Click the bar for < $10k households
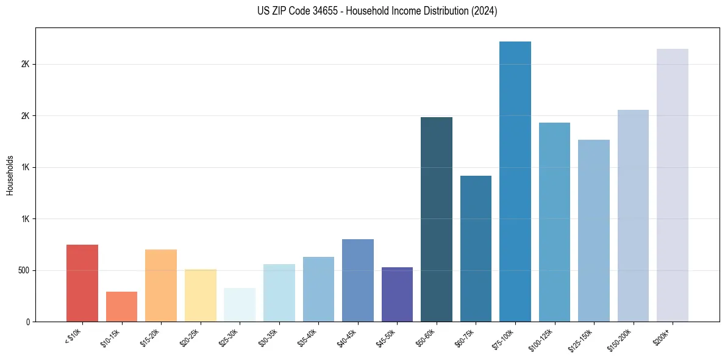coord(82,283)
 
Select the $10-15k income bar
coord(121,307)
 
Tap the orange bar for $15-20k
coord(161,286)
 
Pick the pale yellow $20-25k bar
coord(200,295)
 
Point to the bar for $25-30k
coord(240,305)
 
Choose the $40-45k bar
coord(357,281)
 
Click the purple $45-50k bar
coord(397,295)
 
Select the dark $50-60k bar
coord(437,220)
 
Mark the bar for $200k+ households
coord(673,185)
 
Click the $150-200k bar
coord(633,216)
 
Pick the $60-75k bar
coord(476,249)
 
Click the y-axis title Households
coord(10,175)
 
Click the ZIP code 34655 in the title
coord(315,12)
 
